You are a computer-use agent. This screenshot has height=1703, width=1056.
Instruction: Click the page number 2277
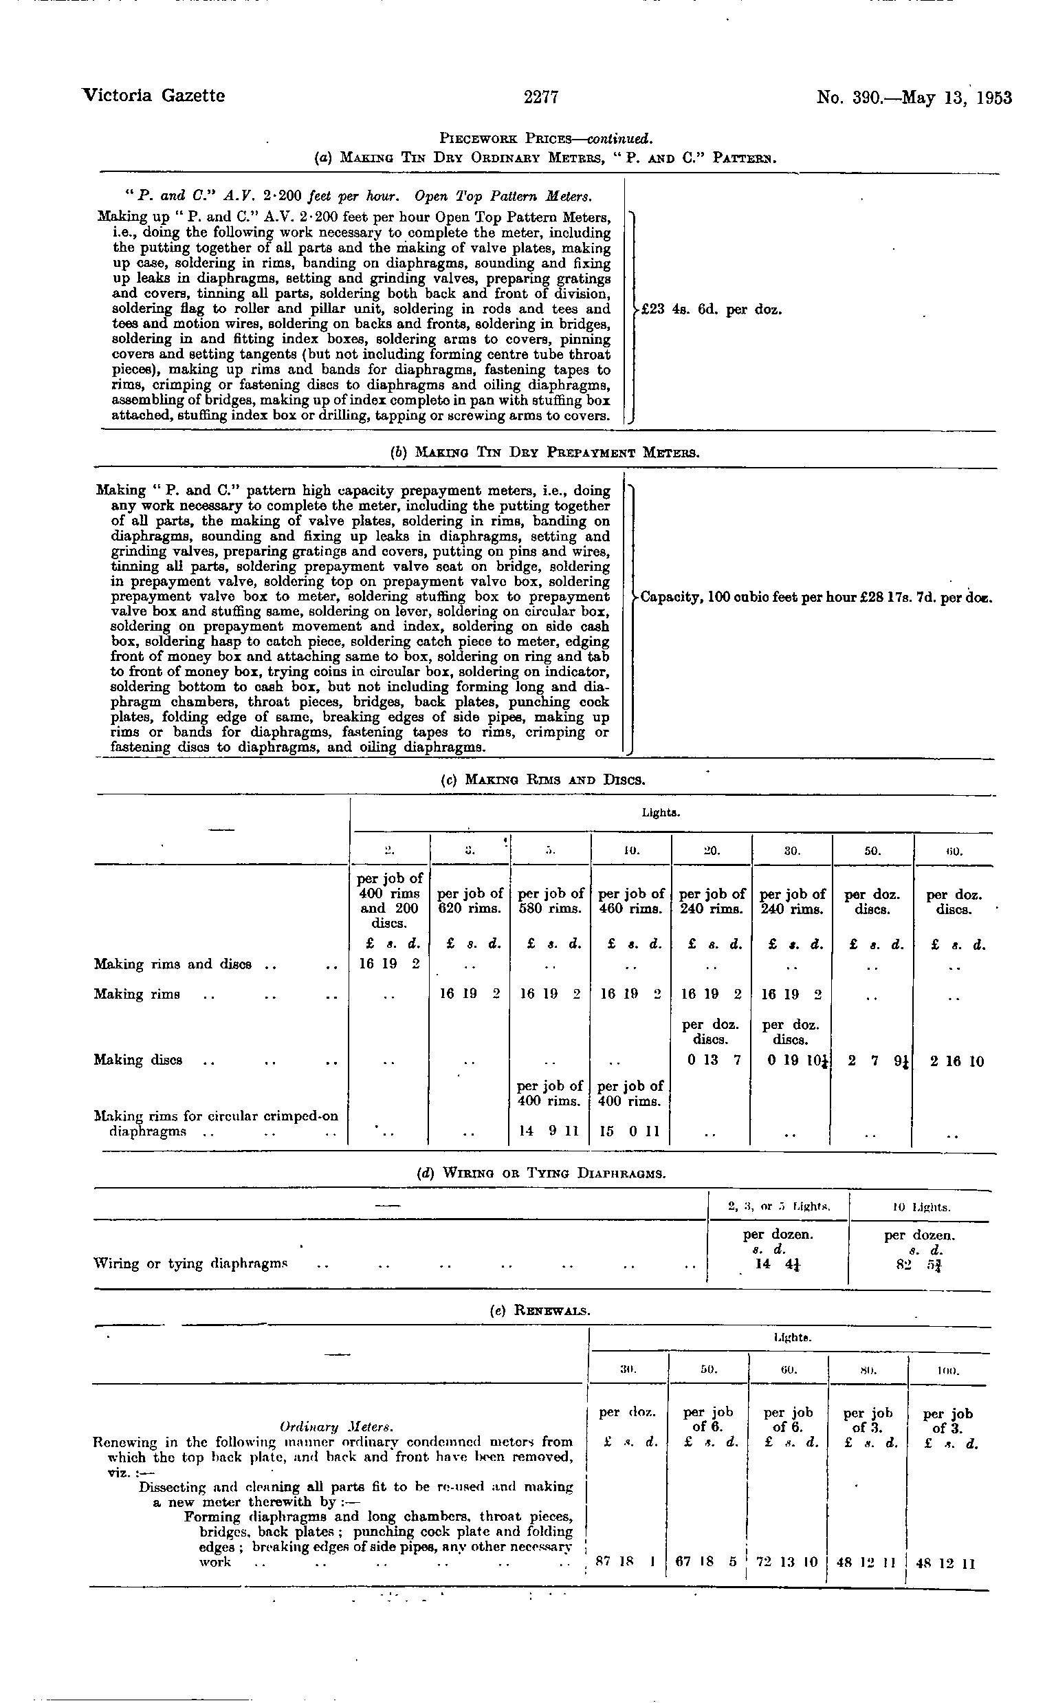(540, 97)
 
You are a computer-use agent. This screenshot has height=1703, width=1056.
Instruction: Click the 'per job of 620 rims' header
(470, 901)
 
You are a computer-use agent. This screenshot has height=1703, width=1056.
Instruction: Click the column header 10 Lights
(920, 1206)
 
